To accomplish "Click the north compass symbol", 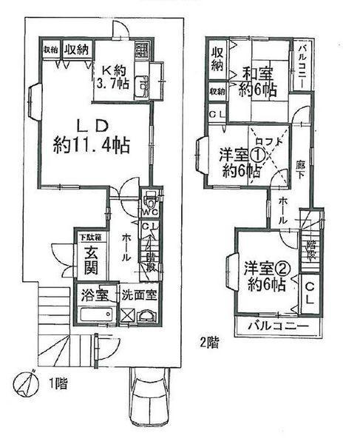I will click(25, 384).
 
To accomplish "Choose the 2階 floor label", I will click(208, 342).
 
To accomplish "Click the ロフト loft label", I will click(268, 141).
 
